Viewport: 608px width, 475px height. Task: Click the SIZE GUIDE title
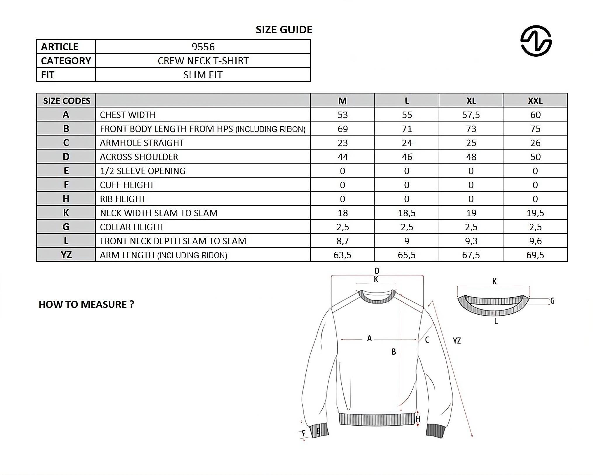pos(284,30)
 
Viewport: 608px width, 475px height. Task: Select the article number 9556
pos(203,47)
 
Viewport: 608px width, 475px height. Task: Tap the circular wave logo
pos(536,41)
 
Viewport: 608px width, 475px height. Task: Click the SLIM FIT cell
pos(203,75)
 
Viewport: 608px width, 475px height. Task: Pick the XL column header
pos(471,101)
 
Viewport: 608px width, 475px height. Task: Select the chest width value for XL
pos(471,115)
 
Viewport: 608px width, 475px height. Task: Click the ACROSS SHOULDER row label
pos(139,157)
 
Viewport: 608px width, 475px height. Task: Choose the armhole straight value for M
pos(342,143)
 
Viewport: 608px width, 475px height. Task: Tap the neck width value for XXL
pos(535,213)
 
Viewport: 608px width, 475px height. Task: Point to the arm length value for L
pos(407,255)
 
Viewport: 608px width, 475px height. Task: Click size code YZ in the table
pos(66,255)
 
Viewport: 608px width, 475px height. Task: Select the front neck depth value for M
pos(342,241)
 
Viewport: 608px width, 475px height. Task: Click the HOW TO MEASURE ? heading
pos(86,304)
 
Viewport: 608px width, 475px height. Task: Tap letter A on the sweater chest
pos(369,338)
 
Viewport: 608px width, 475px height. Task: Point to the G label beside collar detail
pos(552,301)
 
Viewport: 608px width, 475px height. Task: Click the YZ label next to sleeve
pos(457,341)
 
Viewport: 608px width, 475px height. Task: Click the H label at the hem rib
pos(418,419)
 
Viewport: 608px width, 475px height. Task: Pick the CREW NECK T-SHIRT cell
pos(203,61)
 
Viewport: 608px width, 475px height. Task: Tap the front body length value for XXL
pos(535,129)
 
